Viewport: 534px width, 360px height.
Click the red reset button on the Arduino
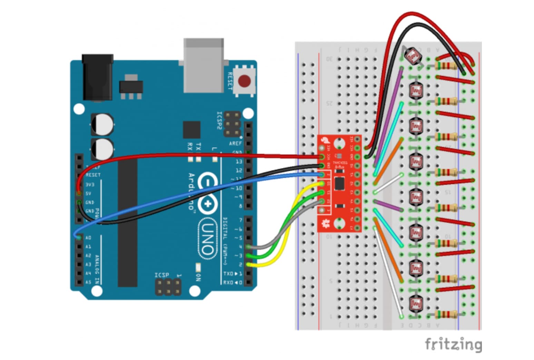[244, 81]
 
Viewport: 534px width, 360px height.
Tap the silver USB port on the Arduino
[204, 66]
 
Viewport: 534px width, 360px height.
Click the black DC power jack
[97, 78]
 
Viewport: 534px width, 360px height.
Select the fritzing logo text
[453, 344]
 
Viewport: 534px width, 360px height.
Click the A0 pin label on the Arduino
[88, 238]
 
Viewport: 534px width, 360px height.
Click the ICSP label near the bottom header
[162, 275]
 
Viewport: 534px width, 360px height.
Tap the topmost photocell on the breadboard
[413, 56]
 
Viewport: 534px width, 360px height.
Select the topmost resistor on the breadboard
[446, 66]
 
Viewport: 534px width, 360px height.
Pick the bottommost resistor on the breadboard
[446, 314]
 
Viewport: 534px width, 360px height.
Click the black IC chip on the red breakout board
[339, 183]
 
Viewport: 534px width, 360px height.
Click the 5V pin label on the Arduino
[88, 193]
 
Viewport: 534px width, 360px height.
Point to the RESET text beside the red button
[230, 81]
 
